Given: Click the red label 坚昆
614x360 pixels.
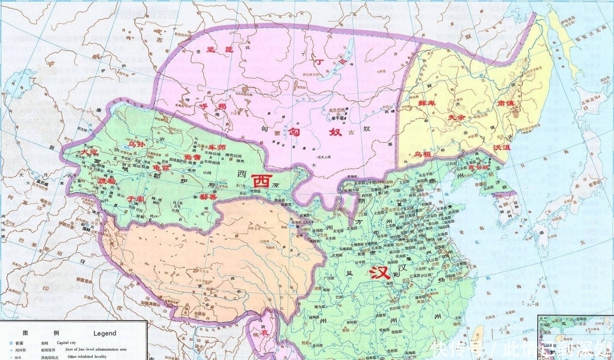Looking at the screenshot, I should [x=220, y=50].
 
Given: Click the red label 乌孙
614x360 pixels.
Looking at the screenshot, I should [x=137, y=144].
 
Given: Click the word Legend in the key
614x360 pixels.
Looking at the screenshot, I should [x=105, y=333].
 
